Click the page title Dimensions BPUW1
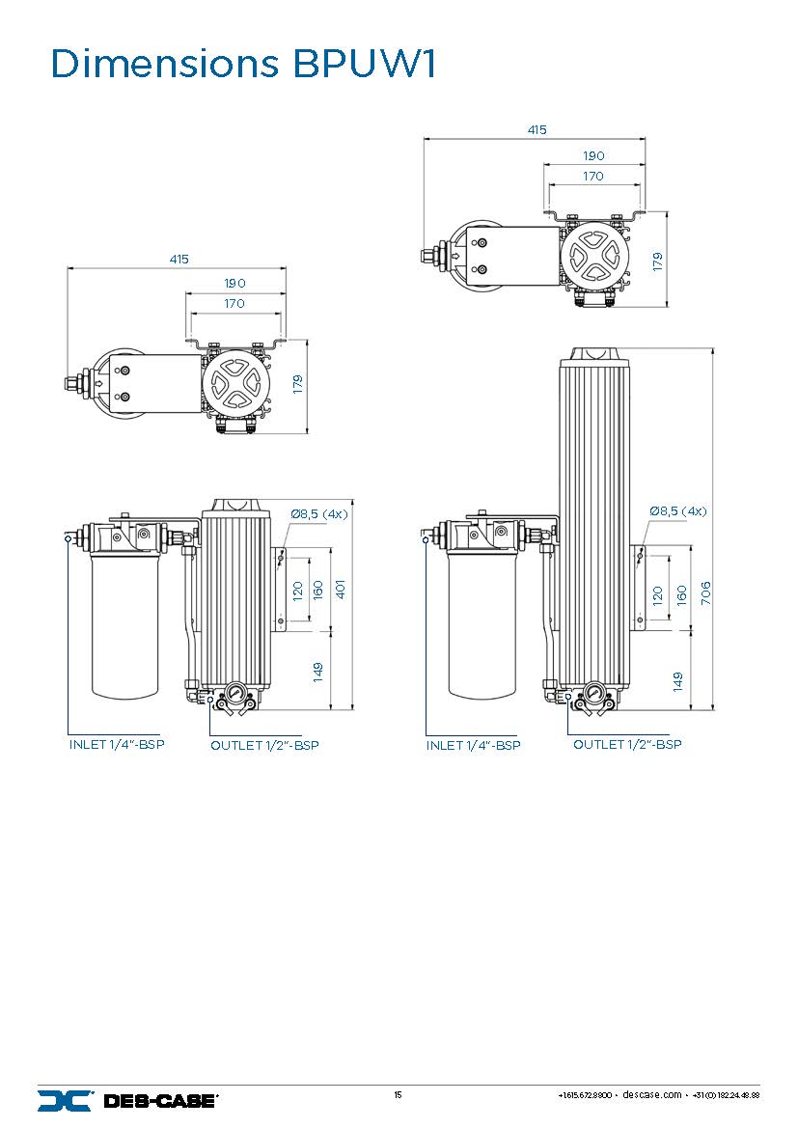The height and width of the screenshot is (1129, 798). (244, 65)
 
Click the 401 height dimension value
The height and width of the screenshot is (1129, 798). (340, 589)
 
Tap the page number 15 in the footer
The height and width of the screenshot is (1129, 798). (398, 1095)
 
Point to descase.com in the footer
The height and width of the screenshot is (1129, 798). (652, 1095)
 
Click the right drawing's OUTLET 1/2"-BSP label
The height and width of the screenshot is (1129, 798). (627, 745)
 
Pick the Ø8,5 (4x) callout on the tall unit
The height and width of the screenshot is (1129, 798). (677, 510)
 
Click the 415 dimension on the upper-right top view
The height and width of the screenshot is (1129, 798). (537, 129)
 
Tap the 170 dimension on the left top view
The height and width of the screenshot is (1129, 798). (234, 303)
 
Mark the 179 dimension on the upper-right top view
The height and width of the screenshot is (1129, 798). (658, 261)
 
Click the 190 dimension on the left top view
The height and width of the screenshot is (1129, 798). (234, 284)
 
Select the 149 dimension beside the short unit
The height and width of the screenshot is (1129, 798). (318, 672)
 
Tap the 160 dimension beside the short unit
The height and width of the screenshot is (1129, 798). (318, 589)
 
